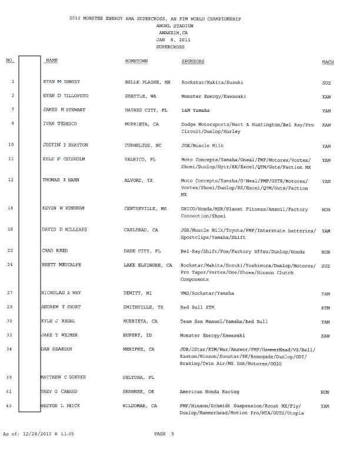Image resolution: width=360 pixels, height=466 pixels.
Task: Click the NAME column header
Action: tap(51, 61)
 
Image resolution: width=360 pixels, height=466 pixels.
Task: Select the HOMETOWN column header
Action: tap(136, 61)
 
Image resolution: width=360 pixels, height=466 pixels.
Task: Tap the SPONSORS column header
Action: tap(193, 61)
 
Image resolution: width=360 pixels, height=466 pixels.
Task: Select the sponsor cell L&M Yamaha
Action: tap(196, 110)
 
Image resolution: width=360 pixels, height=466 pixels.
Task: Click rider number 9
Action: tap(12, 124)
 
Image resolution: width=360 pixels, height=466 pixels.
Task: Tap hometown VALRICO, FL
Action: tap(141, 159)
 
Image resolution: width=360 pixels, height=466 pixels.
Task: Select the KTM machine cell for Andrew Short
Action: tap(326, 308)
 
